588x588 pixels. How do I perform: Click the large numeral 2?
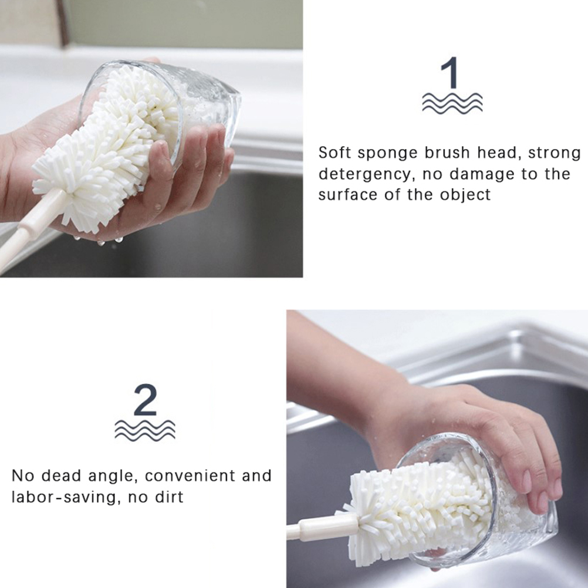coord(145,400)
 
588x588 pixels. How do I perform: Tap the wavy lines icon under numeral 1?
coord(452,103)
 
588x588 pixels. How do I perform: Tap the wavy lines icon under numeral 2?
coord(145,430)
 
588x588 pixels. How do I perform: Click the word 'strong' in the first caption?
coord(554,153)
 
